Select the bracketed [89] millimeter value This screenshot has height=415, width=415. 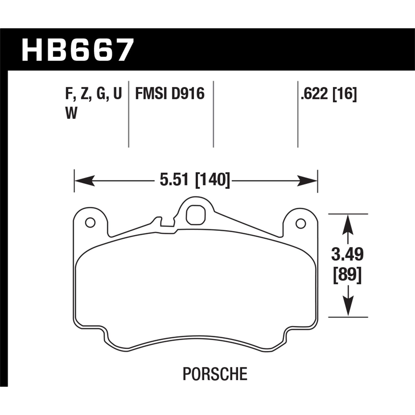point(347,276)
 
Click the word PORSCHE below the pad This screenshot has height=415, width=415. point(215,374)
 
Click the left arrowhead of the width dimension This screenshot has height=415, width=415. point(83,181)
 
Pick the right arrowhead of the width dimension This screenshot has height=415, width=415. point(308,181)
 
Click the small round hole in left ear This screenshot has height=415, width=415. point(90,222)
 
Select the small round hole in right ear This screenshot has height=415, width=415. point(301,223)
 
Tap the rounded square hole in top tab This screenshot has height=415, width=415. point(196,215)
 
